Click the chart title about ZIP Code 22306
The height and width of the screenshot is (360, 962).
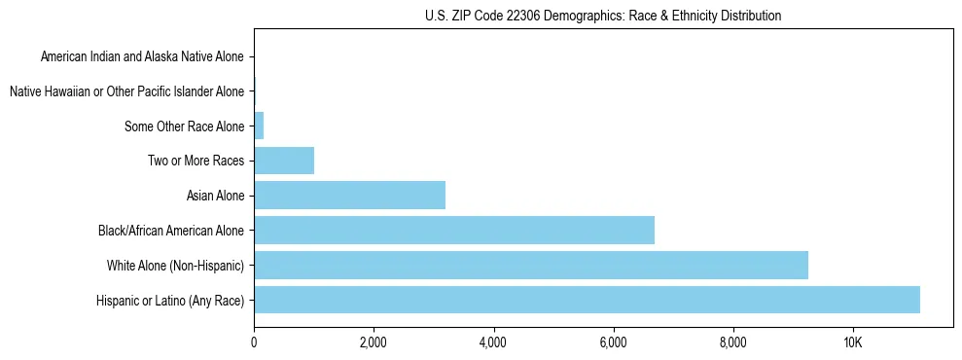click(603, 16)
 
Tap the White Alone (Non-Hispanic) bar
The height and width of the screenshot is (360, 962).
click(531, 266)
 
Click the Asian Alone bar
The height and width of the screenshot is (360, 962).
click(349, 196)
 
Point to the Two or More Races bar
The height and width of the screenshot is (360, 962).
click(284, 161)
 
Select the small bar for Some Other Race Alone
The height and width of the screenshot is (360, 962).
click(259, 126)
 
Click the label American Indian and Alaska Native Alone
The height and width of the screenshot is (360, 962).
click(142, 56)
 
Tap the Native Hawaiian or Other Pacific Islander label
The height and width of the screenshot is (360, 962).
click(126, 91)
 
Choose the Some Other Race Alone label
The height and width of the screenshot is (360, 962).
click(184, 126)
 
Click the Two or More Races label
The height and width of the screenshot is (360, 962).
click(196, 161)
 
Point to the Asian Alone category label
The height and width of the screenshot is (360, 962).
click(215, 196)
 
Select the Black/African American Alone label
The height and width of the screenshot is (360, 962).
click(171, 231)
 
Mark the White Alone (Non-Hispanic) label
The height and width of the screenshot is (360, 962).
click(175, 266)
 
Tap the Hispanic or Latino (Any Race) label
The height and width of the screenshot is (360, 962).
click(170, 301)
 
